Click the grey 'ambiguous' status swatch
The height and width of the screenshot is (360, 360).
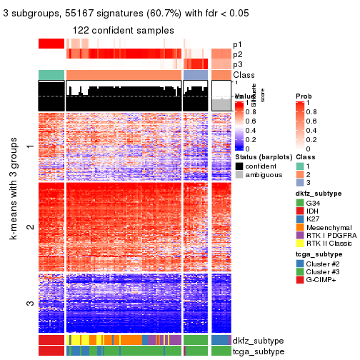coord(239,174)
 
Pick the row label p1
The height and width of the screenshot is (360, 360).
coord(237,44)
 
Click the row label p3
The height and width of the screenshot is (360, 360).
coord(237,64)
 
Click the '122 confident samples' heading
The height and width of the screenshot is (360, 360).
coord(124,31)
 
